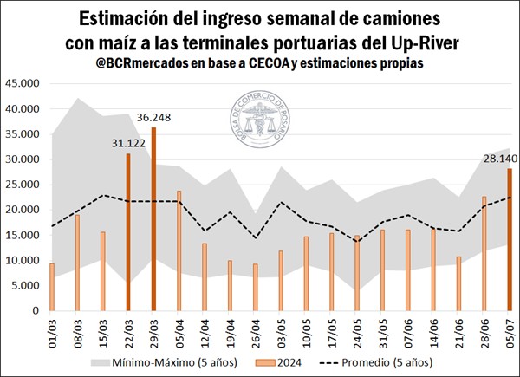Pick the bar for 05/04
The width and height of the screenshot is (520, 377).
coord(179,250)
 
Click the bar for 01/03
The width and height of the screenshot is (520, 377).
coord(51,287)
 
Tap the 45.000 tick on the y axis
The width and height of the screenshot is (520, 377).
coord(23,84)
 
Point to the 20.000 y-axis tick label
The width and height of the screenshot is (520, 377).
coord(23,210)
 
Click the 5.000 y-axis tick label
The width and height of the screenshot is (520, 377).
coord(26,285)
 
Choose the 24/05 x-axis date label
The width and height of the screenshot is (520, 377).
coord(357,330)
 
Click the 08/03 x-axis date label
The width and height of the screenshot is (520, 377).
coord(77,330)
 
